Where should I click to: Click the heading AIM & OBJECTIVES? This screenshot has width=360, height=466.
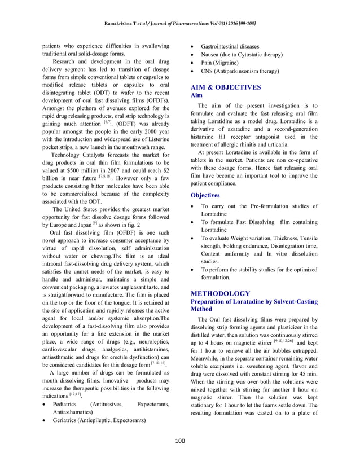pyautogui.click(x=226, y=87)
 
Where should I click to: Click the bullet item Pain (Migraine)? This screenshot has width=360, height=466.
pyautogui.click(x=222, y=63)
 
